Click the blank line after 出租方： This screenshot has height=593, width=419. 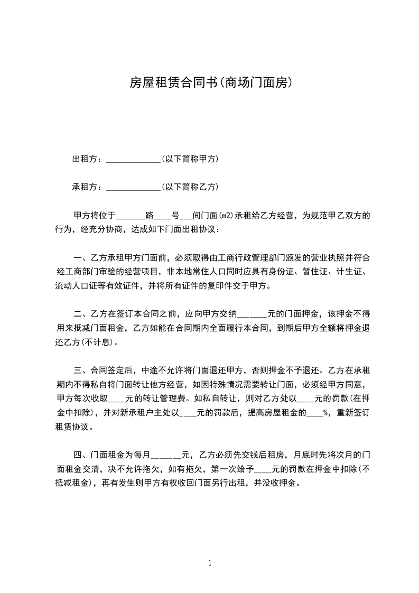(x=133, y=159)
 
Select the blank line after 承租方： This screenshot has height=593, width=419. (x=133, y=187)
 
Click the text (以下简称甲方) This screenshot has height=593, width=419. (x=190, y=159)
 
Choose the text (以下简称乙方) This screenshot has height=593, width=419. (x=190, y=187)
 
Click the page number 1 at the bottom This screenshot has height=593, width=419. (x=210, y=562)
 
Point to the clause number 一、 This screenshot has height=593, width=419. (x=82, y=258)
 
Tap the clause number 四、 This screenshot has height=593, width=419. (x=82, y=455)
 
